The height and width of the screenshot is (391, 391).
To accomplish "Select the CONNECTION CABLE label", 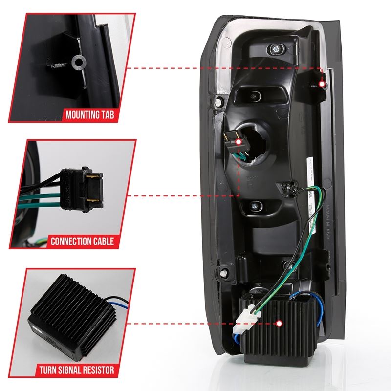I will (82, 241).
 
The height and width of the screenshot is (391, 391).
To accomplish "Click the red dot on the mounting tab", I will (323, 84).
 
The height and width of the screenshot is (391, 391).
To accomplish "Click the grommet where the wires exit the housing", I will (285, 186).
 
